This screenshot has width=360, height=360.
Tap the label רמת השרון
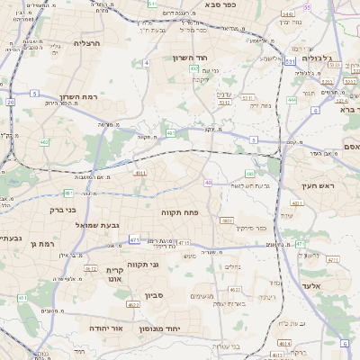click(x=77, y=96)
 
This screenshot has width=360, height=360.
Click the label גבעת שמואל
click(x=96, y=224)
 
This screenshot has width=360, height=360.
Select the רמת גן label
click(x=41, y=243)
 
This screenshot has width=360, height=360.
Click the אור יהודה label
click(x=94, y=328)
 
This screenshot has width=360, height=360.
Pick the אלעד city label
click(x=317, y=284)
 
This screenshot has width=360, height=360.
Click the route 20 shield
click(x=11, y=102)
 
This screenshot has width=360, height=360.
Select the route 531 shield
click(x=289, y=60)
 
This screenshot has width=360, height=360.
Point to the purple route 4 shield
click(x=146, y=63)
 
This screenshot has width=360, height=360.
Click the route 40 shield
click(x=209, y=183)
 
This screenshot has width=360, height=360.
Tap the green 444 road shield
click(x=292, y=101)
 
